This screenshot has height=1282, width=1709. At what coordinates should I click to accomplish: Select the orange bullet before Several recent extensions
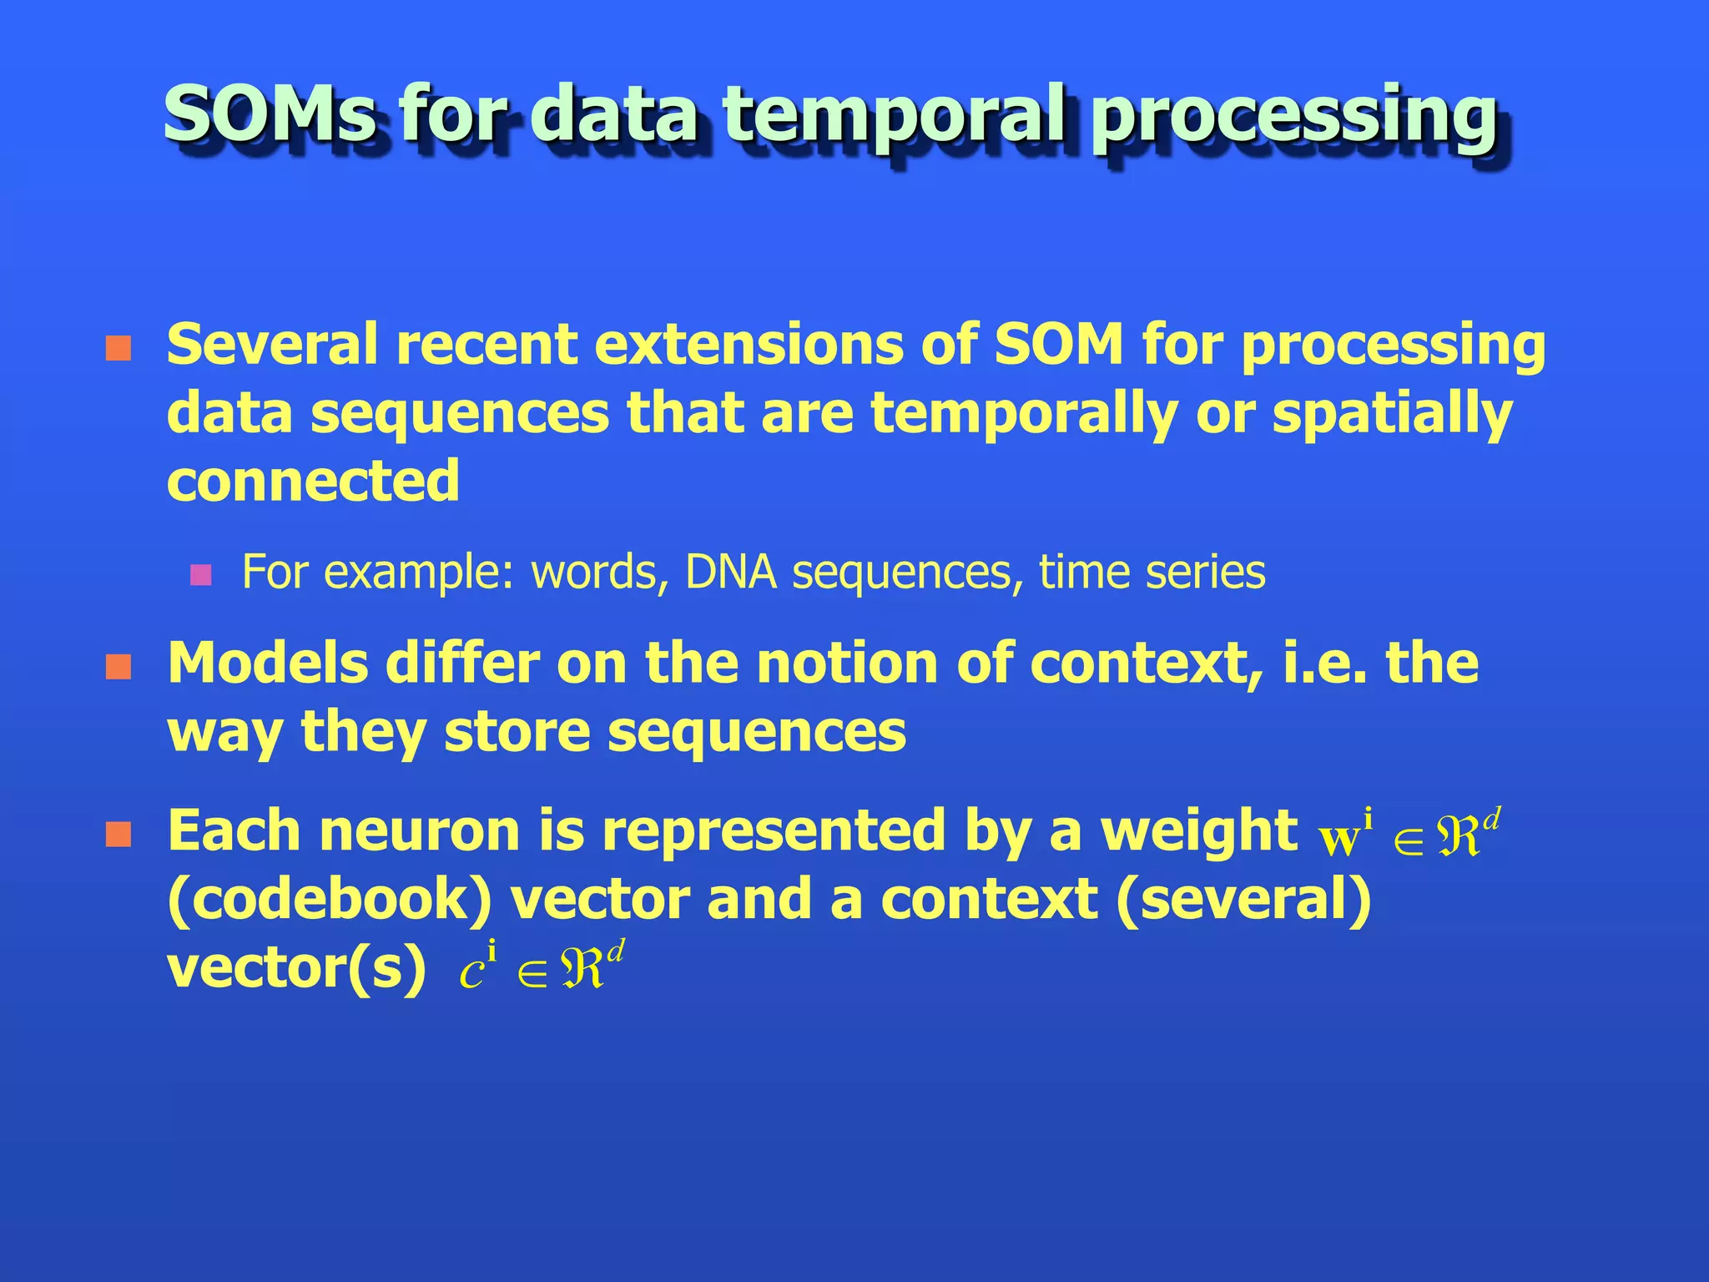tap(118, 349)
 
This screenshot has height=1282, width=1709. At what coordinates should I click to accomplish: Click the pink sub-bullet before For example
tap(200, 575)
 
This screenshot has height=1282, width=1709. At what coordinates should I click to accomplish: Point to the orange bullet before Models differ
tap(118, 668)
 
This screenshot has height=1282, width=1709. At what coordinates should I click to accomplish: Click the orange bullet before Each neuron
tap(118, 835)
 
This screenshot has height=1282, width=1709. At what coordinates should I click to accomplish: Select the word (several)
tap(1243, 901)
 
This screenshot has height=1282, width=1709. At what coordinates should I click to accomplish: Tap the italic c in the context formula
tap(472, 974)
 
